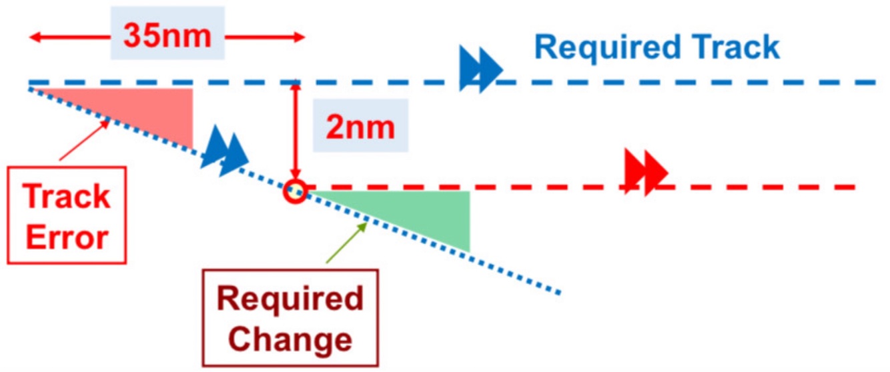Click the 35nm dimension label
[167, 37]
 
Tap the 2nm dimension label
[360, 126]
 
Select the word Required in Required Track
[604, 47]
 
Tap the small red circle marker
[294, 192]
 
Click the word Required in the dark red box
[290, 299]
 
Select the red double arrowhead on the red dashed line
[646, 171]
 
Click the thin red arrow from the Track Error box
[84, 141]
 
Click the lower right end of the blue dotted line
[558, 291]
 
